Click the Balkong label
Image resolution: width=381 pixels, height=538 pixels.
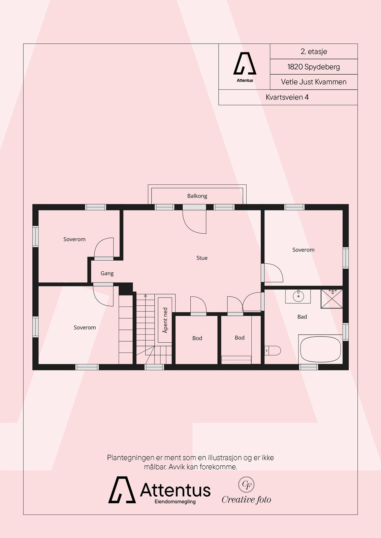tap(197, 196)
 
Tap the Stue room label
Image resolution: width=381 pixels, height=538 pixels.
tap(202, 258)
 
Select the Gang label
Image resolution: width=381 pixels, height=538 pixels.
tap(107, 273)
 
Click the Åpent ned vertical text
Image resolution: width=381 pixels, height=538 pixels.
tap(165, 320)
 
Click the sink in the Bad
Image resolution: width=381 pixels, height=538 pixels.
tap(298, 296)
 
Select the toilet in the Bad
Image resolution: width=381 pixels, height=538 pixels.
tap(273, 350)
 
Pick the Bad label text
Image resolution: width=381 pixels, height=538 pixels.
tap(302, 317)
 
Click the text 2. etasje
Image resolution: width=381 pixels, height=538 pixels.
tap(314, 52)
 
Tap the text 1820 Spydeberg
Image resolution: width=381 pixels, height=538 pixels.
tap(314, 67)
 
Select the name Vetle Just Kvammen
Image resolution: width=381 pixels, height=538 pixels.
tap(314, 82)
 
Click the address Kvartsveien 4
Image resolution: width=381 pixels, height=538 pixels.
tap(287, 97)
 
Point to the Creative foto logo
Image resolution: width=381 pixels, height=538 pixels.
tap(246, 491)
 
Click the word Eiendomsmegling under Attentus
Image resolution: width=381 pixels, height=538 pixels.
tap(175, 502)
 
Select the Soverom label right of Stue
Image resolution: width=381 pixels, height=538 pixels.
tap(303, 250)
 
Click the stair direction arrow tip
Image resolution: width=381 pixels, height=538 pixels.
tap(145, 295)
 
